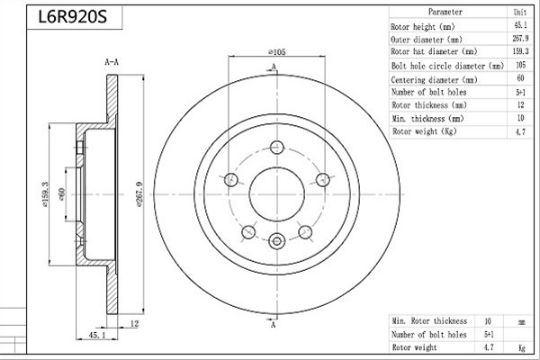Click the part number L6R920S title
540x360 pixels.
[x=72, y=16]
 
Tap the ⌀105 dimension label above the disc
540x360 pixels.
[x=277, y=52]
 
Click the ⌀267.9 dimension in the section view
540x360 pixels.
[x=139, y=194]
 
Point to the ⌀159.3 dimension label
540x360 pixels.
[x=45, y=194]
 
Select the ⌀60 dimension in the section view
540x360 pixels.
[x=62, y=194]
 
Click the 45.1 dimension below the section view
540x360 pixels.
[x=97, y=335]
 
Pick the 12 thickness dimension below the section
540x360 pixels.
[x=135, y=323]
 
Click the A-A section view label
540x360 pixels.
[x=112, y=62]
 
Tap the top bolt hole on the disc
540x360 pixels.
[x=276, y=148]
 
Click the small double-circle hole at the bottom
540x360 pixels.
[x=276, y=241]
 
